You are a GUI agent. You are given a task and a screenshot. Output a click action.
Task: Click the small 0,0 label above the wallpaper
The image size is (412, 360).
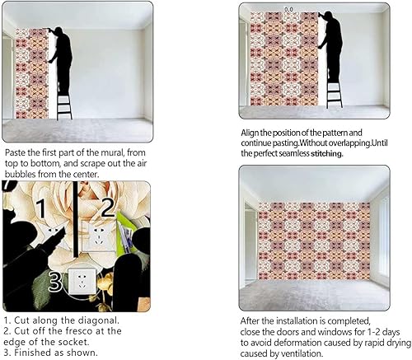(x=289, y=9)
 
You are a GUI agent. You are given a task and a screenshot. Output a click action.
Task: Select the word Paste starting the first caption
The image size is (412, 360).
(x=17, y=153)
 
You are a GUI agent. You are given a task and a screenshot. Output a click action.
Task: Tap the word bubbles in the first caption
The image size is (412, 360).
(x=22, y=174)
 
